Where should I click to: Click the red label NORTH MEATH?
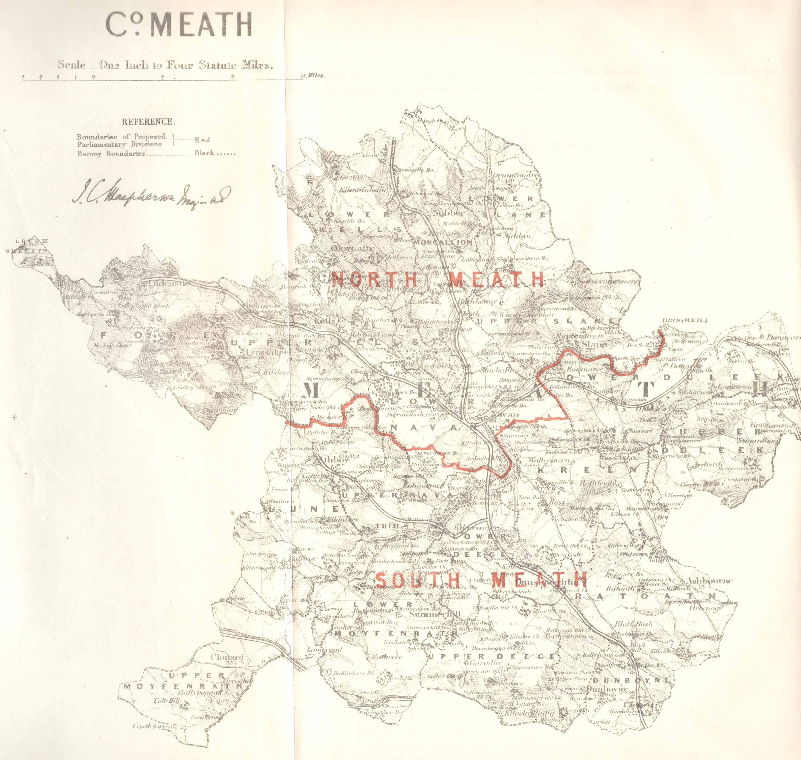point(438,279)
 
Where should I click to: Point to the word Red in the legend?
point(202,140)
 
